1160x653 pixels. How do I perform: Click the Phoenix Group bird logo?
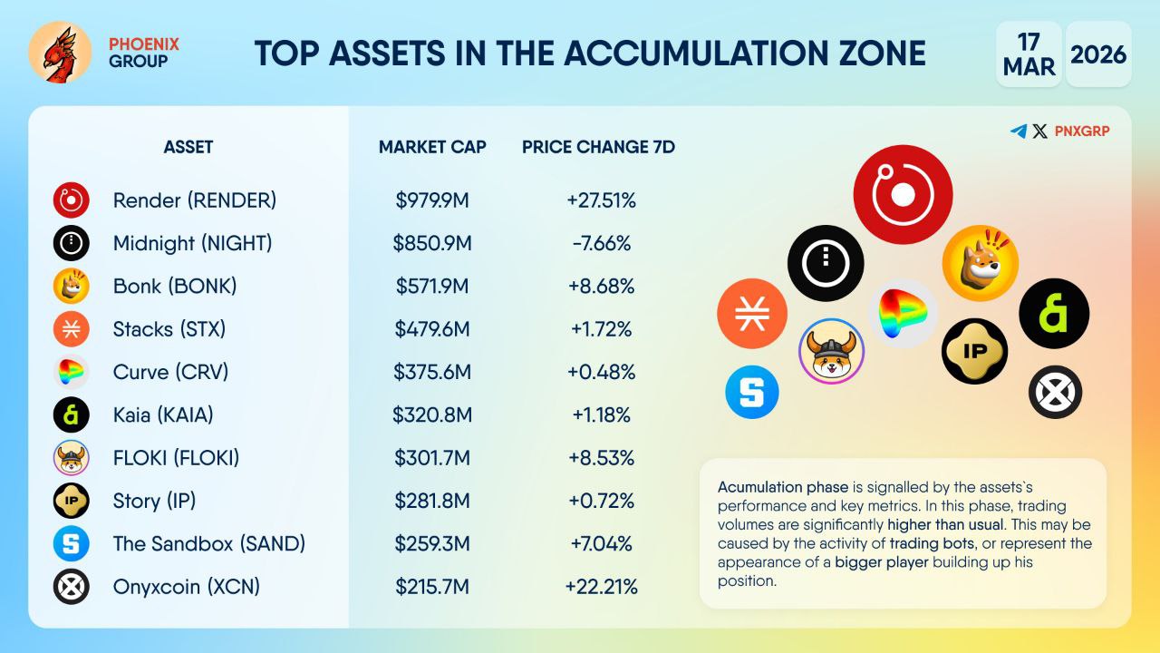click(60, 53)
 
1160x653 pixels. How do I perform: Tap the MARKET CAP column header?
click(432, 147)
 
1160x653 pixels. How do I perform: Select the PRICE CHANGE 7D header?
click(598, 147)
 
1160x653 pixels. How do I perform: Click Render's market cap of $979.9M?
click(432, 200)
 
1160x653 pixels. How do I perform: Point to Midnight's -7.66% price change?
click(601, 243)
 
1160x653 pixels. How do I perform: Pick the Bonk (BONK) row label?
click(175, 286)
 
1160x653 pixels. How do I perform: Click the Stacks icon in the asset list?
click(71, 328)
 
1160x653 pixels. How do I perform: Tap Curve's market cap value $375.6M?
click(432, 372)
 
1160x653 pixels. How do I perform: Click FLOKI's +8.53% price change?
click(601, 458)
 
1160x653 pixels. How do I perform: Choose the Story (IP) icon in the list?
click(71, 501)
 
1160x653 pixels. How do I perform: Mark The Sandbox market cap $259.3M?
click(432, 543)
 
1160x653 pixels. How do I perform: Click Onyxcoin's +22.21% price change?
click(601, 587)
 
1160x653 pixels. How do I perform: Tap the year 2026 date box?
click(1098, 54)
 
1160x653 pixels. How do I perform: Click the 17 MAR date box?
click(1029, 54)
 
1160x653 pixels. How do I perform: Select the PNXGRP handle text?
click(1082, 132)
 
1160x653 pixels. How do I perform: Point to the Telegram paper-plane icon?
click(1019, 132)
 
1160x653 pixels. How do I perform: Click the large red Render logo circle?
click(903, 194)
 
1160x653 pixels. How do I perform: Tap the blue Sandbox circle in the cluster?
click(752, 392)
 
